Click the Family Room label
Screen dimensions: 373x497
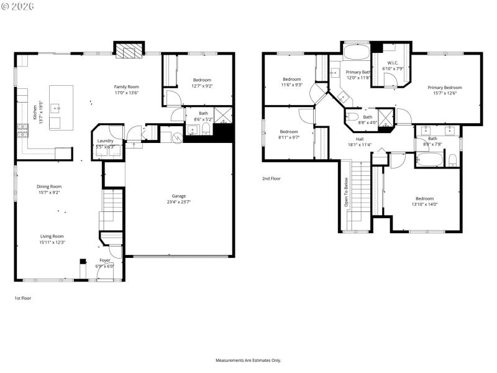[126, 86]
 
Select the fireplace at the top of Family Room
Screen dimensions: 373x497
[129, 51]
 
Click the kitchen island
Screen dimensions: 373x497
[61, 107]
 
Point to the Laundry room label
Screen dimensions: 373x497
[105, 141]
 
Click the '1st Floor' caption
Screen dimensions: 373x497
[23, 298]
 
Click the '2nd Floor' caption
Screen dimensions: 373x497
[271, 178]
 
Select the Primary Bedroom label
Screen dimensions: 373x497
[444, 88]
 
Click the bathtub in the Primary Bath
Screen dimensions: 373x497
[356, 51]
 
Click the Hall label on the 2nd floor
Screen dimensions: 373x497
[359, 139]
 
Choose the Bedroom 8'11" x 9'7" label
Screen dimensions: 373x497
[289, 132]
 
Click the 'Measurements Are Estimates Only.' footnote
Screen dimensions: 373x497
[248, 361]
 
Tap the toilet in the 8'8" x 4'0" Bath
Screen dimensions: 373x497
[352, 117]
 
